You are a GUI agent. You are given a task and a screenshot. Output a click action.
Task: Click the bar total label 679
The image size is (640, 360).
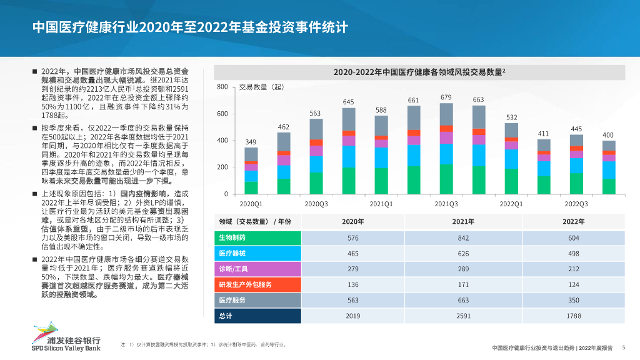446,97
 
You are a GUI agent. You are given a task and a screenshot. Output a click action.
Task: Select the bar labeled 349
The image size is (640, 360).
251,171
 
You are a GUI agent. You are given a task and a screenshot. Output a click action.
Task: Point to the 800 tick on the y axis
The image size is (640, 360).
222,87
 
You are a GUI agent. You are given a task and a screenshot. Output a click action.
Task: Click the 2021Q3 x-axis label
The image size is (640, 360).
446,204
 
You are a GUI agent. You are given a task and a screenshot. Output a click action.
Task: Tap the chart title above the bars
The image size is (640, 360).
419,72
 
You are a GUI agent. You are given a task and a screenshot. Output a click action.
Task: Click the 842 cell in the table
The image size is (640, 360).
463,238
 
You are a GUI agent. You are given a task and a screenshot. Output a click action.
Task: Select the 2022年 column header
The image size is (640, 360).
573,222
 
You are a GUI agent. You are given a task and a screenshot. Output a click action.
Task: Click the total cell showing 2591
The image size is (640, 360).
463,316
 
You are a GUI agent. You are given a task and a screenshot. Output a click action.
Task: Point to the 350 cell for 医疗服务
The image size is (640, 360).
573,301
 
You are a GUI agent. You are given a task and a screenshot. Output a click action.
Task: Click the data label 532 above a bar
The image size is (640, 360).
511,117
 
